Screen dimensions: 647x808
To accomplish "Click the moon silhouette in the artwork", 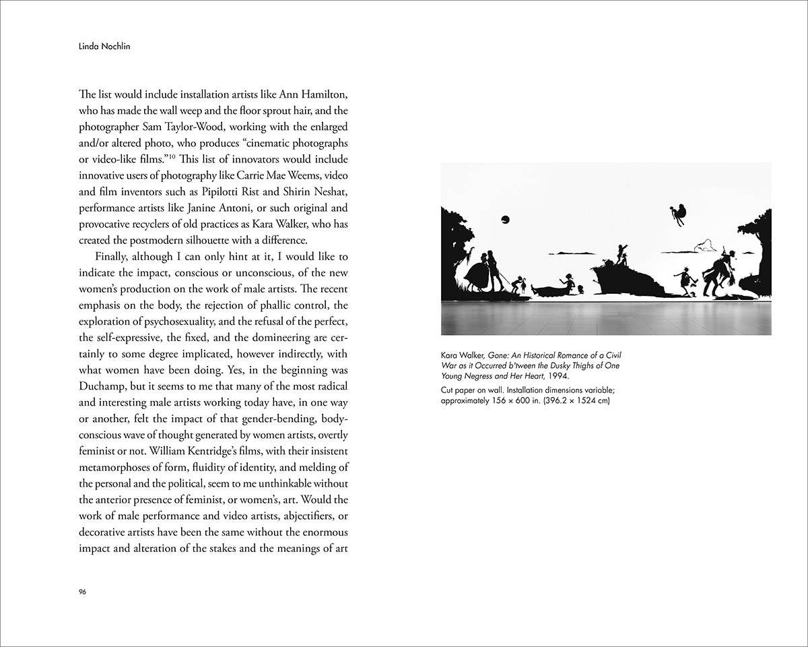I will (x=505, y=218).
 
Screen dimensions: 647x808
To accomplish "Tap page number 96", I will (x=83, y=592).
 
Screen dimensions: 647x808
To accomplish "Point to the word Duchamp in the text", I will (x=105, y=386).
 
